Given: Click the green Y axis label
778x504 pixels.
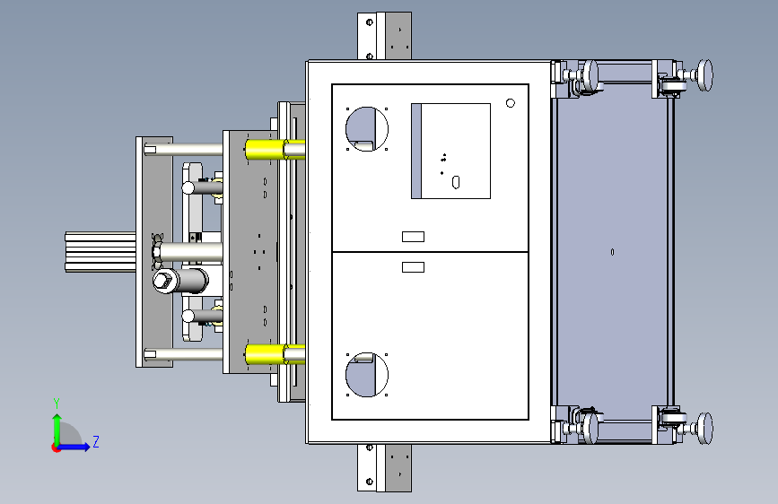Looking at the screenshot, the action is point(57,403).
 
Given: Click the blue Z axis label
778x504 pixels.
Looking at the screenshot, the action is point(96,441).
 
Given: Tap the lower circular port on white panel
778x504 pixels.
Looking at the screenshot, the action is point(366,375).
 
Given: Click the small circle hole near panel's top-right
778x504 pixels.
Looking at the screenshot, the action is point(511,103).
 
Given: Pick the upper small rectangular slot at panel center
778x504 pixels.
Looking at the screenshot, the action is point(413,237).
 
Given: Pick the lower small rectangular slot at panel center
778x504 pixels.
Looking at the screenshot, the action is point(413,267).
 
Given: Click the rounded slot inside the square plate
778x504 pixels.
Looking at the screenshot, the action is point(457,182).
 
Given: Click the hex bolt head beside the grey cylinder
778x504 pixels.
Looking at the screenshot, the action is point(163,282).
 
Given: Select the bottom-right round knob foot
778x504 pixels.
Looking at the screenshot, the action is point(706,428).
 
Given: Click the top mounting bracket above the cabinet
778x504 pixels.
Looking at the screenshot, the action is point(384,35).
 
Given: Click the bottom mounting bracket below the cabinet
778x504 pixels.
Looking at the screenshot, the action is point(384,467).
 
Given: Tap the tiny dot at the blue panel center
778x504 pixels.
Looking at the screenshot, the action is point(612,252).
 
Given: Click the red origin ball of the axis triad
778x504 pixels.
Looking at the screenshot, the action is point(57,448).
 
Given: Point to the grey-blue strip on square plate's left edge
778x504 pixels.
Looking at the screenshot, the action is point(415,151).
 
